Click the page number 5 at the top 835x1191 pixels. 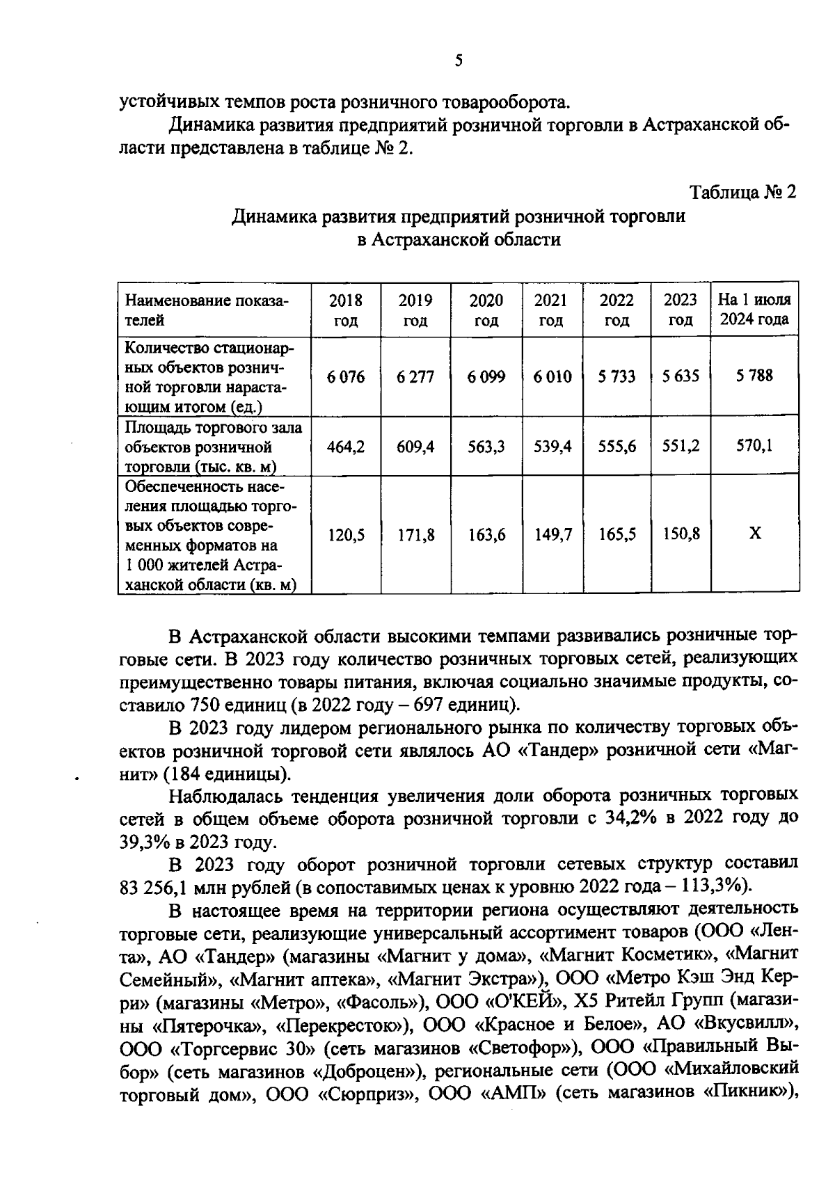(459, 61)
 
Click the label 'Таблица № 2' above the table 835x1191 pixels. (742, 193)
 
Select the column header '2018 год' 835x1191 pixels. (346, 310)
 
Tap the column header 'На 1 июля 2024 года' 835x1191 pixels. (754, 310)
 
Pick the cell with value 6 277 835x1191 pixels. (415, 377)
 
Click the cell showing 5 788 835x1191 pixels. (754, 376)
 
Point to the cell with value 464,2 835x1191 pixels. (346, 447)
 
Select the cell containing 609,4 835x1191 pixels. (415, 447)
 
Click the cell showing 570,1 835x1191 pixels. (754, 446)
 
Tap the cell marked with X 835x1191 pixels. (755, 534)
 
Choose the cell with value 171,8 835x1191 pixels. (415, 535)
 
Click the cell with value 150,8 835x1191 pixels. (681, 534)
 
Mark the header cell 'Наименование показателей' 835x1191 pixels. (206, 310)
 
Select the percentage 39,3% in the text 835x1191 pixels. (145, 842)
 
